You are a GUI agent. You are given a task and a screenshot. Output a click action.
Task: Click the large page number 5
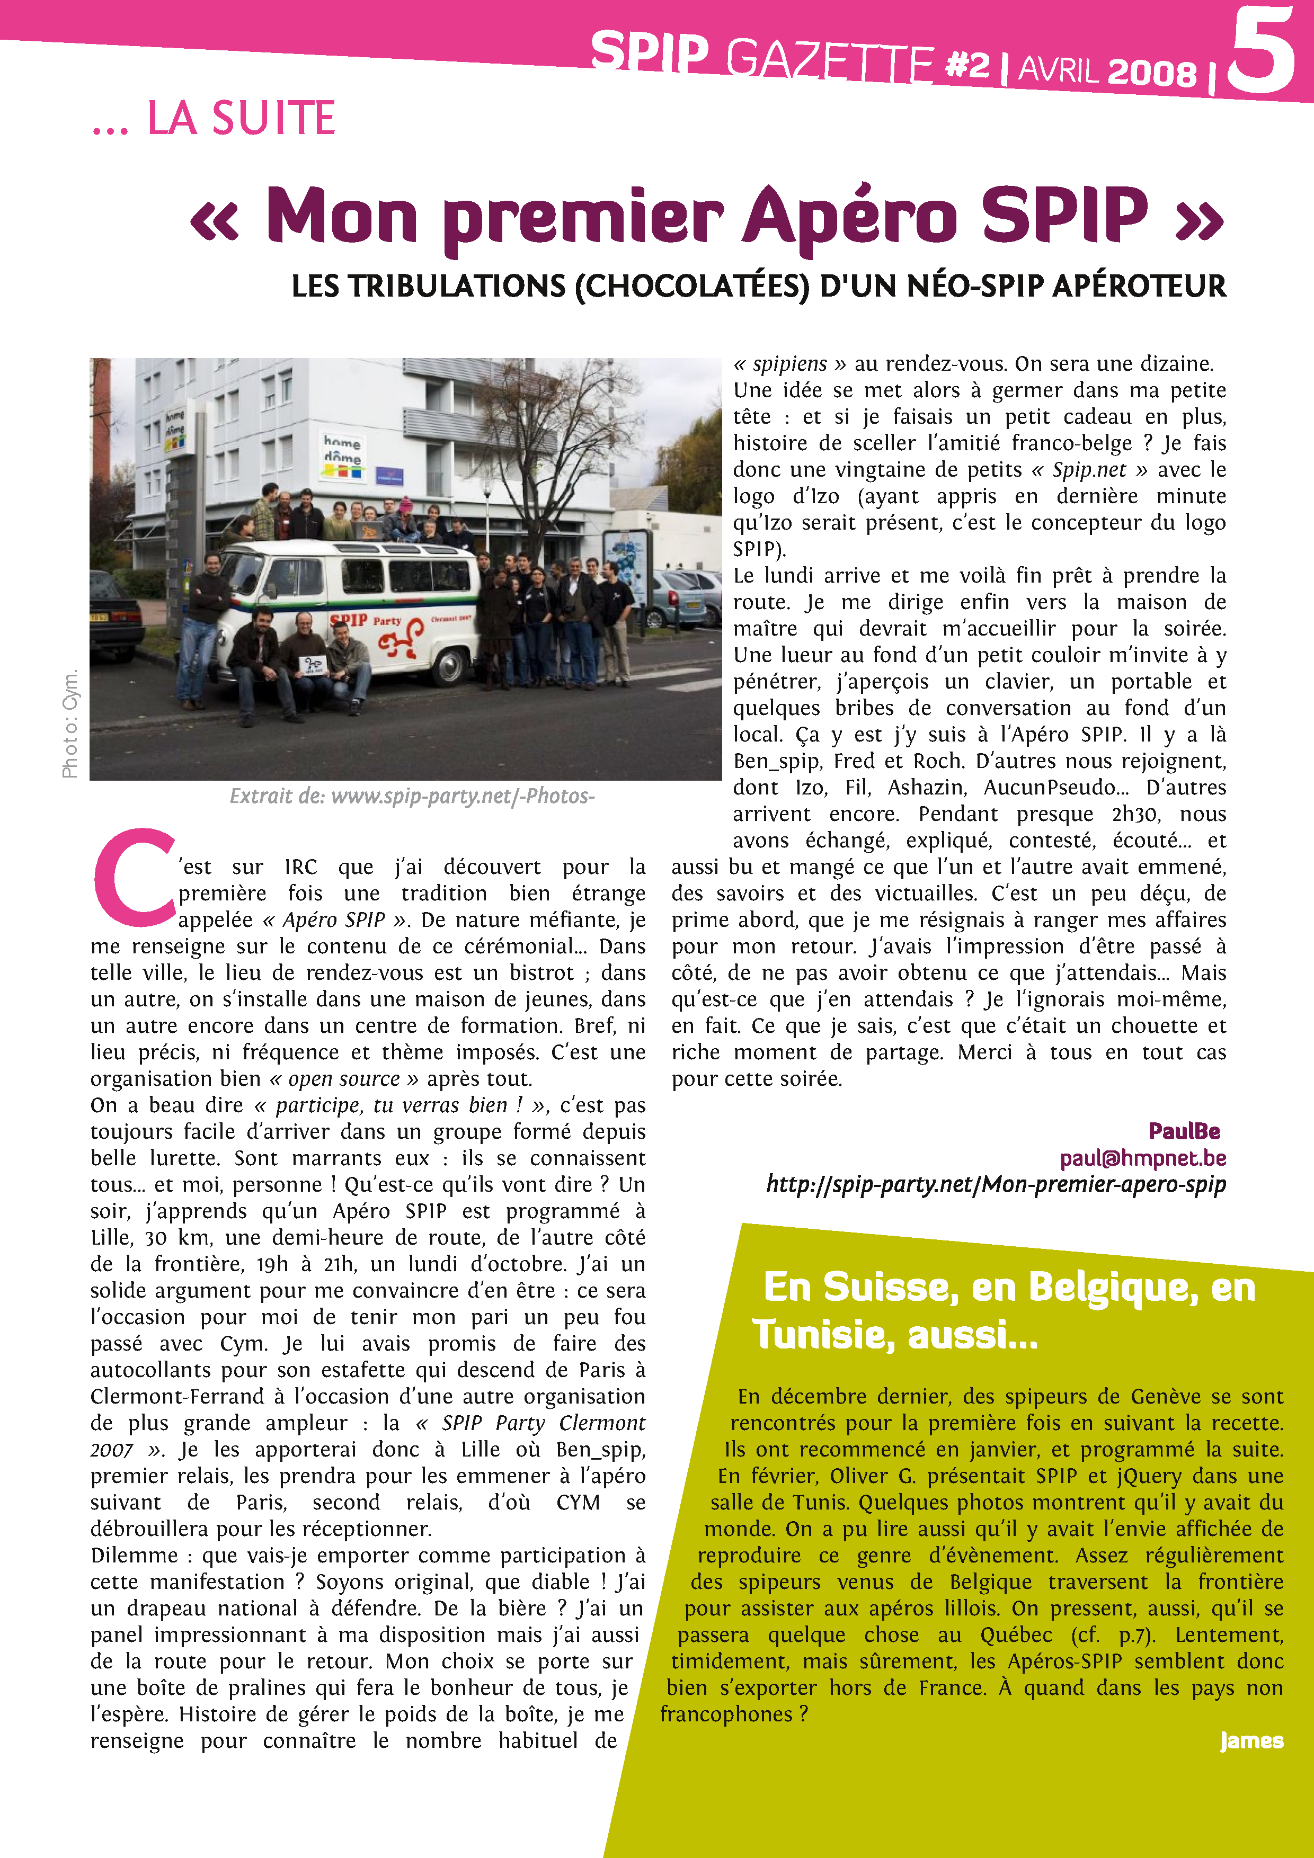tap(1260, 50)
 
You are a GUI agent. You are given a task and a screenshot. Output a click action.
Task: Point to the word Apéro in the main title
tap(849, 217)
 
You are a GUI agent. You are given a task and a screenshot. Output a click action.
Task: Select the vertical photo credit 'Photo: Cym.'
tap(70, 722)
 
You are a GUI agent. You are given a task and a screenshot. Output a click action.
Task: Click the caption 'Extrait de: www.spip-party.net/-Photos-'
tap(412, 796)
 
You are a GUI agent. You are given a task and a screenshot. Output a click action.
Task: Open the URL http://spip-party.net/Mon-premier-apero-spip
tap(995, 1185)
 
